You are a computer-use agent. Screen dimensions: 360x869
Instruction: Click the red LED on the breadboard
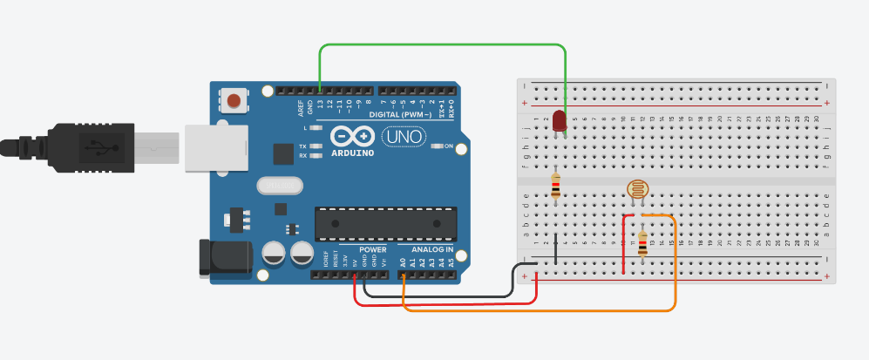[x=559, y=122]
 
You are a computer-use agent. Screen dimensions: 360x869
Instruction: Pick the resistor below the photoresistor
[x=643, y=245]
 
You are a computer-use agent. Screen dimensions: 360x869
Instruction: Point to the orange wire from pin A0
[x=540, y=309]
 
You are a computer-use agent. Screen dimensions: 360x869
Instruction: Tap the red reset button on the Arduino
[x=234, y=101]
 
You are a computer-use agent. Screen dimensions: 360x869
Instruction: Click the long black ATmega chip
[x=385, y=224]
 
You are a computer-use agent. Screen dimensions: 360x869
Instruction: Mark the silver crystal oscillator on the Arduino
[x=279, y=185]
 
